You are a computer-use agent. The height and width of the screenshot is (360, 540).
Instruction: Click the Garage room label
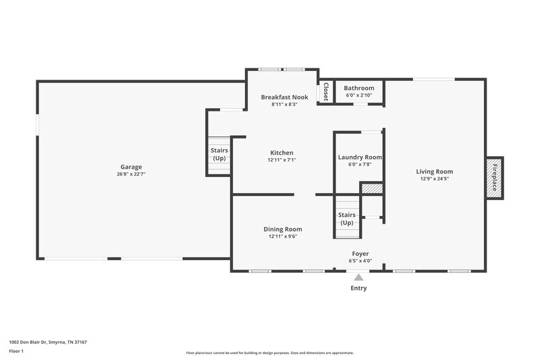click(131, 167)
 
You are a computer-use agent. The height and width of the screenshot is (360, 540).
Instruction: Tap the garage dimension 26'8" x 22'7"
click(131, 174)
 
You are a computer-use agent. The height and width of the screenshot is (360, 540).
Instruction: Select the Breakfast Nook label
click(285, 97)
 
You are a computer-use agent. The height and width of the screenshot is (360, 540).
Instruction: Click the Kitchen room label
click(281, 153)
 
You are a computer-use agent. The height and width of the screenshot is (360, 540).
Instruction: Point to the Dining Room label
click(282, 229)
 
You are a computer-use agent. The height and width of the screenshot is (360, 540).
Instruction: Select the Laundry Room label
click(360, 157)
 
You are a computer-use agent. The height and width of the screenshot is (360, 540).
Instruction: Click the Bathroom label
click(359, 88)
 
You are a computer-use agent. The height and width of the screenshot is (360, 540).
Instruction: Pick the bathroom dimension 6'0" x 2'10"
click(359, 96)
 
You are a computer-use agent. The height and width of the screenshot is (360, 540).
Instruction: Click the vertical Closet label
click(325, 92)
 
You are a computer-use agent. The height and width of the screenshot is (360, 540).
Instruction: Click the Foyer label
click(360, 254)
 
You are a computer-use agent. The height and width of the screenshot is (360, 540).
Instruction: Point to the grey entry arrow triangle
click(359, 276)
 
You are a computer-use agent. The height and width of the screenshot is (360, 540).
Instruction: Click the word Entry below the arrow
click(359, 288)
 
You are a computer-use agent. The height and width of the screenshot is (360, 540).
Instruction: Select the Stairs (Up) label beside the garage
click(219, 154)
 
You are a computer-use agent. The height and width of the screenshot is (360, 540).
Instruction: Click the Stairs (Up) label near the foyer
click(347, 219)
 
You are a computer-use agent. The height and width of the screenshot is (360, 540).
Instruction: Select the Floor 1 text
click(17, 352)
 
